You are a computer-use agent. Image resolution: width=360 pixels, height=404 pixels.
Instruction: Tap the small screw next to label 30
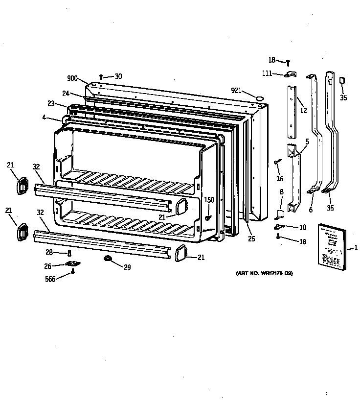click(101, 76)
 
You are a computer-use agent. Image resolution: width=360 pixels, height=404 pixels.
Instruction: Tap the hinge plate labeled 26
click(73, 264)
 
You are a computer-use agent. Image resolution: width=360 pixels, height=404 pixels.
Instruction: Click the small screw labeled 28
click(69, 253)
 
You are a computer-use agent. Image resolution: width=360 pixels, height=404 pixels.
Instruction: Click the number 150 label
click(209, 200)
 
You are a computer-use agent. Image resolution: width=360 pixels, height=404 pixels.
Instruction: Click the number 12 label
click(303, 111)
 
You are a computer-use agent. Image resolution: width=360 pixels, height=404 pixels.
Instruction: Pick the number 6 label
click(310, 210)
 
